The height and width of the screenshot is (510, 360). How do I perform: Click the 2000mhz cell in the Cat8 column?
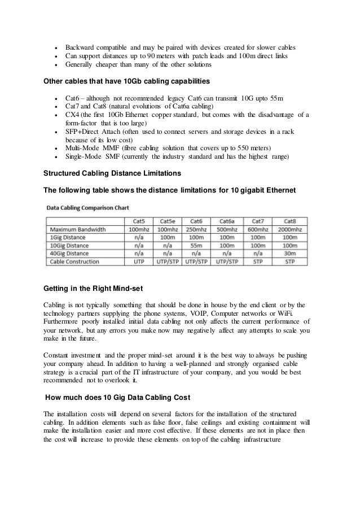(290, 230)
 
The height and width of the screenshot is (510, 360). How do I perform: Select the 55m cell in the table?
(197, 246)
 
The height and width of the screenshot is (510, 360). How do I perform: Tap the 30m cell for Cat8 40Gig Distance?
(290, 254)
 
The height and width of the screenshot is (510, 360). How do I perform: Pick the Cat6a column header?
(227, 221)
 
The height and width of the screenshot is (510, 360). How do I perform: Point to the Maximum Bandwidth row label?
(78, 230)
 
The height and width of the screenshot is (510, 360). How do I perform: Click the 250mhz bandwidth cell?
(197, 230)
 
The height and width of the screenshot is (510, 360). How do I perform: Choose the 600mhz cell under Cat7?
(258, 230)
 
